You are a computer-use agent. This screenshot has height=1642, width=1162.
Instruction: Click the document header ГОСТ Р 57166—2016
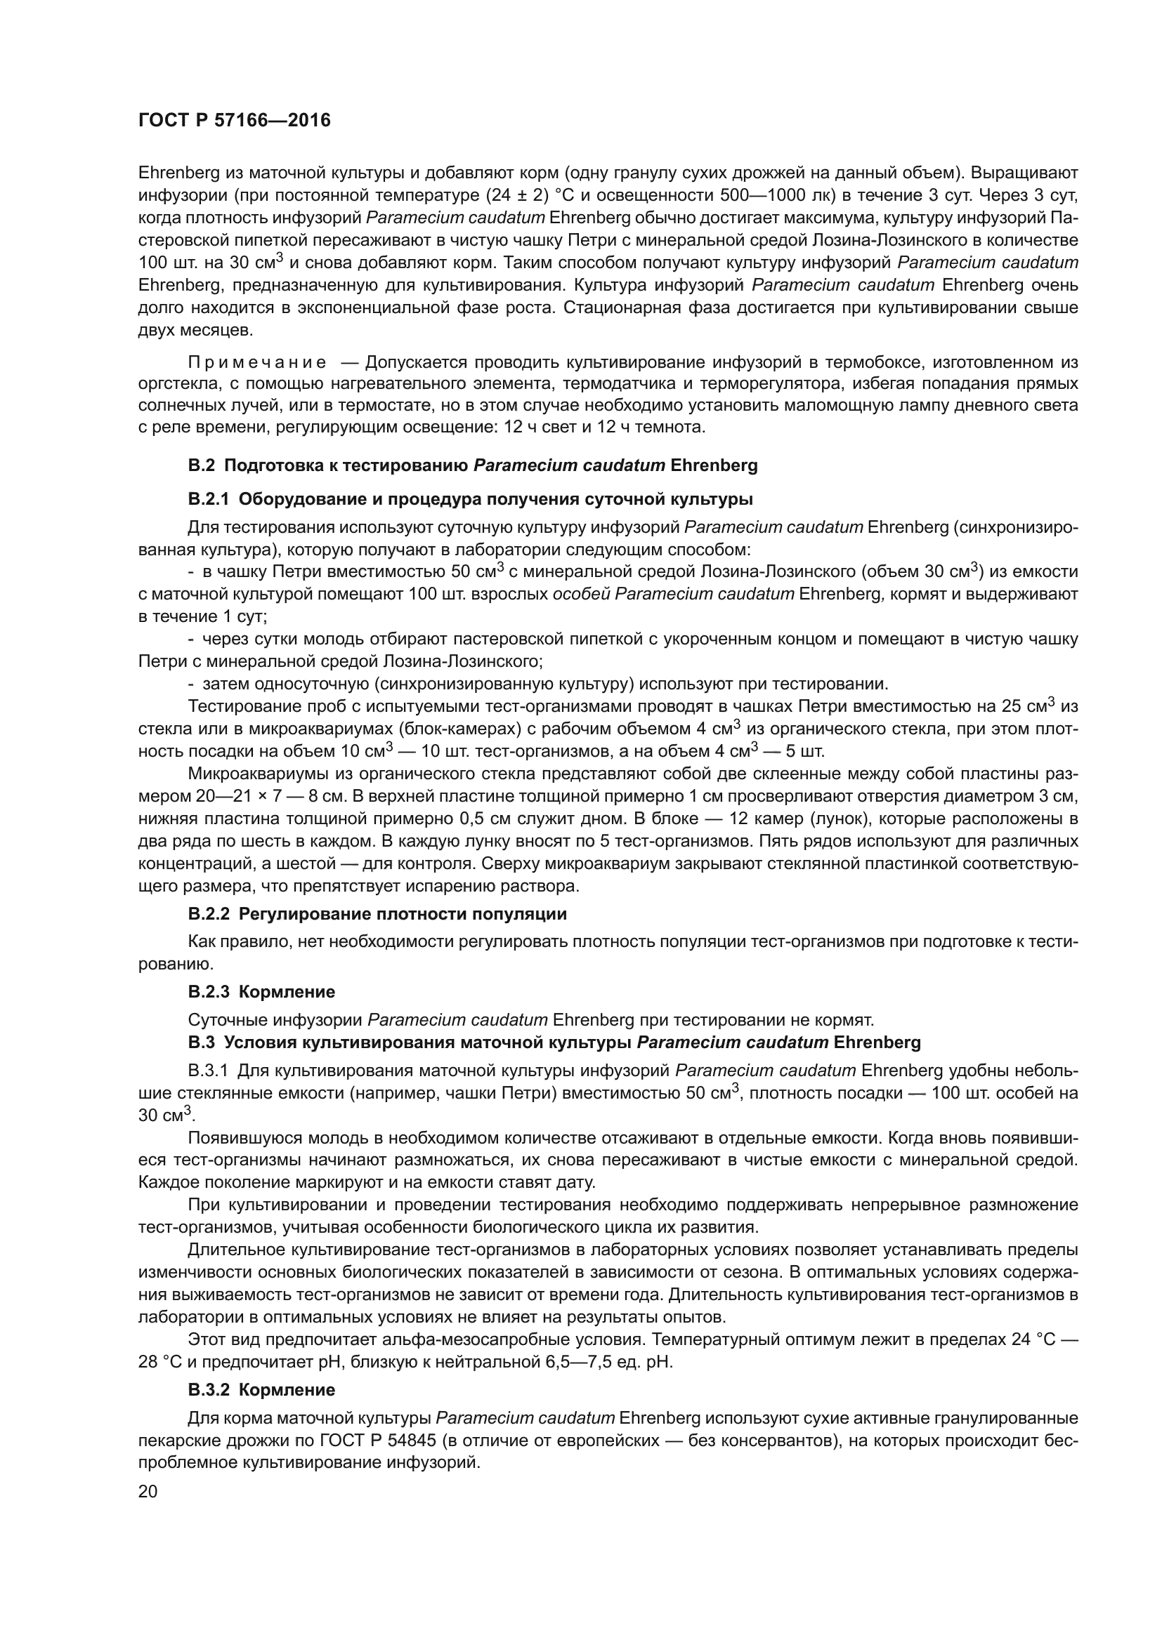(234, 120)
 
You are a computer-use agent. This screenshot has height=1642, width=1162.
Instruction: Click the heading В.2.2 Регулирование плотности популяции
(377, 914)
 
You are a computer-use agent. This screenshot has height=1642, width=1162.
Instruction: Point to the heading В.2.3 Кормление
(261, 992)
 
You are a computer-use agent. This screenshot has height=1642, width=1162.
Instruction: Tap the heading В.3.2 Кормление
(261, 1390)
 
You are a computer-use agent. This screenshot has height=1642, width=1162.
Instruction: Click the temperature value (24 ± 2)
(517, 195)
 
